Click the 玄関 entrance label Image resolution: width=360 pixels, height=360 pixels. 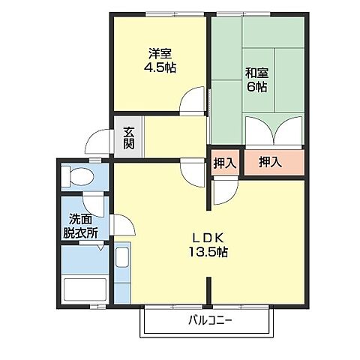(129, 139)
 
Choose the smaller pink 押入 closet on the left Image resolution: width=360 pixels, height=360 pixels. (224, 163)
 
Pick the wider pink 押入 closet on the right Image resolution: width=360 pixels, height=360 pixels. (271, 163)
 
